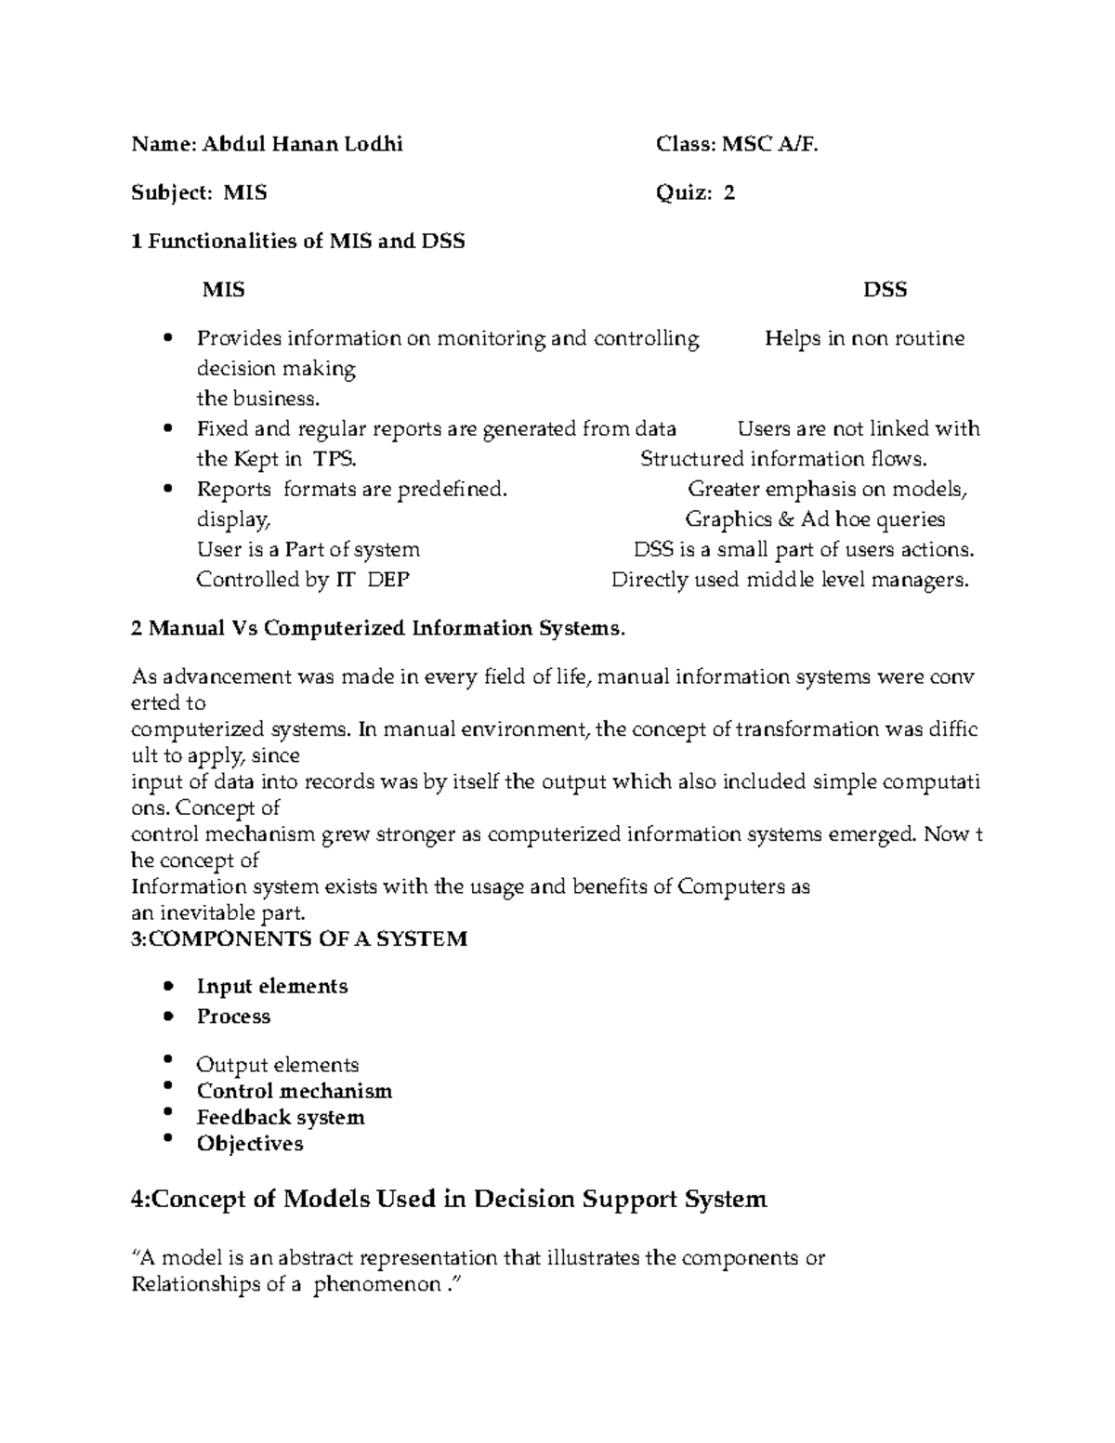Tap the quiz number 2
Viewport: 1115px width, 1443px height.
coord(729,192)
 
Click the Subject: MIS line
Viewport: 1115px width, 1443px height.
coord(199,192)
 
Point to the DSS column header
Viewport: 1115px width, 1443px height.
coord(885,290)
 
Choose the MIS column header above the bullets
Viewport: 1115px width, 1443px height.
coord(224,290)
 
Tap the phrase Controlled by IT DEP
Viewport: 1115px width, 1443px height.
coord(303,580)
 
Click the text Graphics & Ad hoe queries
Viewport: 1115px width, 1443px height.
coord(815,519)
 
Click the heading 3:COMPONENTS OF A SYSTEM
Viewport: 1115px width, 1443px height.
coord(299,938)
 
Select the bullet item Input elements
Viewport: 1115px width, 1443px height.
coord(272,987)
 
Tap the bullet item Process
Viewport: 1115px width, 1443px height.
coord(233,1017)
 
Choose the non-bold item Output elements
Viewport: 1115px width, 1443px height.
coord(277,1065)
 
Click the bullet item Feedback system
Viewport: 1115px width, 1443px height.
coord(281,1118)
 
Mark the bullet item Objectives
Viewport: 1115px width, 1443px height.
coord(250,1144)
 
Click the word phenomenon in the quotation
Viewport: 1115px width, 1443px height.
coord(376,1285)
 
